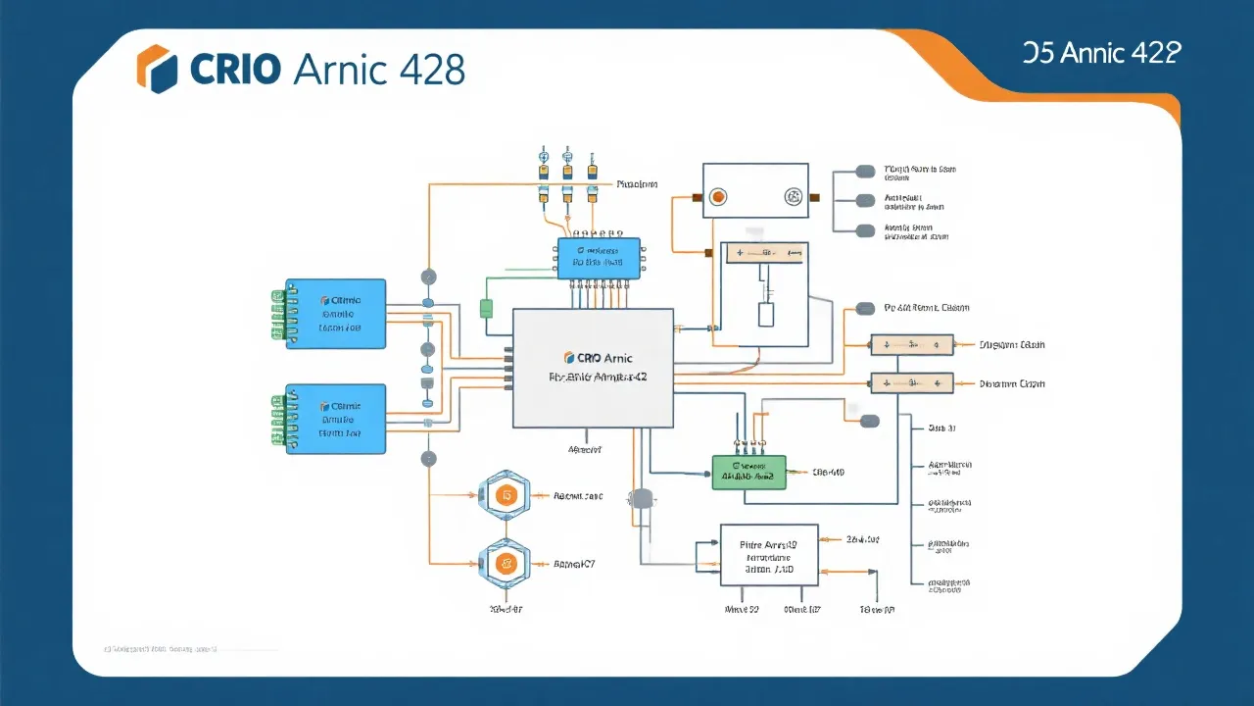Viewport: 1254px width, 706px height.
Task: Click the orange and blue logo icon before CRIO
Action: pos(157,69)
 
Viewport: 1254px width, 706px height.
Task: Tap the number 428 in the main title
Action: pos(432,69)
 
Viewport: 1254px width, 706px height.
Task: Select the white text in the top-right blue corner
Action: pos(1101,53)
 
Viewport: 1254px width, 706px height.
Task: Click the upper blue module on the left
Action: pos(336,314)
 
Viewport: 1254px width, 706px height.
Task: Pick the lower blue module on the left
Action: pos(336,419)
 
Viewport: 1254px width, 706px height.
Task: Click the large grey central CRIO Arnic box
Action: pos(594,368)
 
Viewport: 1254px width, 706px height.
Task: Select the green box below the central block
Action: pos(748,472)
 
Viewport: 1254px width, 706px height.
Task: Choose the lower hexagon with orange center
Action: pos(505,564)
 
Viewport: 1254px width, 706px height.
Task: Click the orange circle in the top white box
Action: pos(718,197)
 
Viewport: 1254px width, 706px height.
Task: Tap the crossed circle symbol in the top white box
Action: pos(794,197)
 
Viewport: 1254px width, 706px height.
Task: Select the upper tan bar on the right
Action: pos(912,345)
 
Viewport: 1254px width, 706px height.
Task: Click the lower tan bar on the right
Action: pos(912,383)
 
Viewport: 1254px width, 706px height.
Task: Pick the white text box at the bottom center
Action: pos(769,555)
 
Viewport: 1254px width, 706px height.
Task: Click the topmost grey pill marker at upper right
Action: pos(865,172)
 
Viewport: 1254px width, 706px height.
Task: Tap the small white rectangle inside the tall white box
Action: pos(766,315)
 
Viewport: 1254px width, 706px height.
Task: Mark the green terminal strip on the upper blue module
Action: pos(277,315)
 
